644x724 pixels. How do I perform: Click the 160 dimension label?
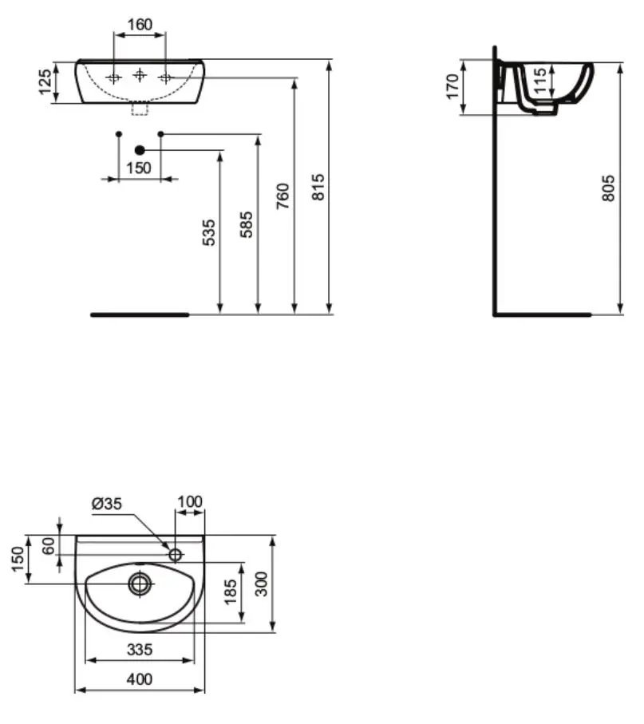click(x=140, y=25)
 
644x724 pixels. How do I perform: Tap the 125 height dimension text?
click(x=45, y=82)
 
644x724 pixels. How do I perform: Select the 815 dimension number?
click(x=318, y=187)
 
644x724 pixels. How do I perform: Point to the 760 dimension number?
click(x=282, y=196)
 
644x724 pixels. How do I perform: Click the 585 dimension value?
click(x=247, y=224)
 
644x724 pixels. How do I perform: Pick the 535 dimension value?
click(x=209, y=233)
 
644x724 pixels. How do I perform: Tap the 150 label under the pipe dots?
click(x=139, y=168)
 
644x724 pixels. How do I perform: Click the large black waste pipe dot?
click(x=140, y=150)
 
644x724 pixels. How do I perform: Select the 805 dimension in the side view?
click(x=608, y=188)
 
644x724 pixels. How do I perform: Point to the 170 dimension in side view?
click(x=453, y=86)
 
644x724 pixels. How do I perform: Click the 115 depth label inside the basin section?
click(x=539, y=81)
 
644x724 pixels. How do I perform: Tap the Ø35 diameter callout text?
click(x=107, y=504)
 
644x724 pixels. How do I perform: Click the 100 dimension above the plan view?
click(x=190, y=502)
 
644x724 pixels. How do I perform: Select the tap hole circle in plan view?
click(x=176, y=554)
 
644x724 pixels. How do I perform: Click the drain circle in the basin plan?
click(x=139, y=584)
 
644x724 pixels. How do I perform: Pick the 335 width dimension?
click(x=140, y=650)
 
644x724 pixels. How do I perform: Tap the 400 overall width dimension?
click(x=140, y=679)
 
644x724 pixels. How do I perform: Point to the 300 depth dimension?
click(x=261, y=584)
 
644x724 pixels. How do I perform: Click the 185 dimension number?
click(x=231, y=592)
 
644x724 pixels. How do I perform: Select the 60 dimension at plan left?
click(x=49, y=546)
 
